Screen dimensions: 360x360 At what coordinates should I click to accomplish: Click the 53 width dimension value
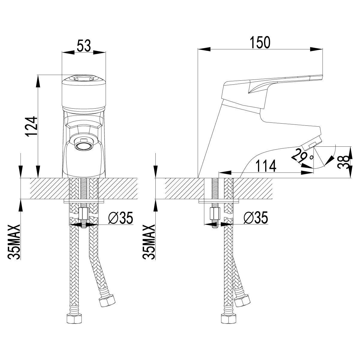84,46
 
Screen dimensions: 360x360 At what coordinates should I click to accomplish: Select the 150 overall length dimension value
260,42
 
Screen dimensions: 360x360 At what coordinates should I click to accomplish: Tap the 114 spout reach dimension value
266,166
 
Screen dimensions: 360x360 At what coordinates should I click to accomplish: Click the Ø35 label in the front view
121,217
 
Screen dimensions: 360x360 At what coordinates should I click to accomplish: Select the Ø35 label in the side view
256,217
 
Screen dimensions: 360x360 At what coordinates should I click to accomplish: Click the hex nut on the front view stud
83,214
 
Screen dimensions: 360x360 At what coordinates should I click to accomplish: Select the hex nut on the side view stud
214,214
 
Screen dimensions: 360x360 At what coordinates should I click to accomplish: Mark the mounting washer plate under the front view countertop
84,201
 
